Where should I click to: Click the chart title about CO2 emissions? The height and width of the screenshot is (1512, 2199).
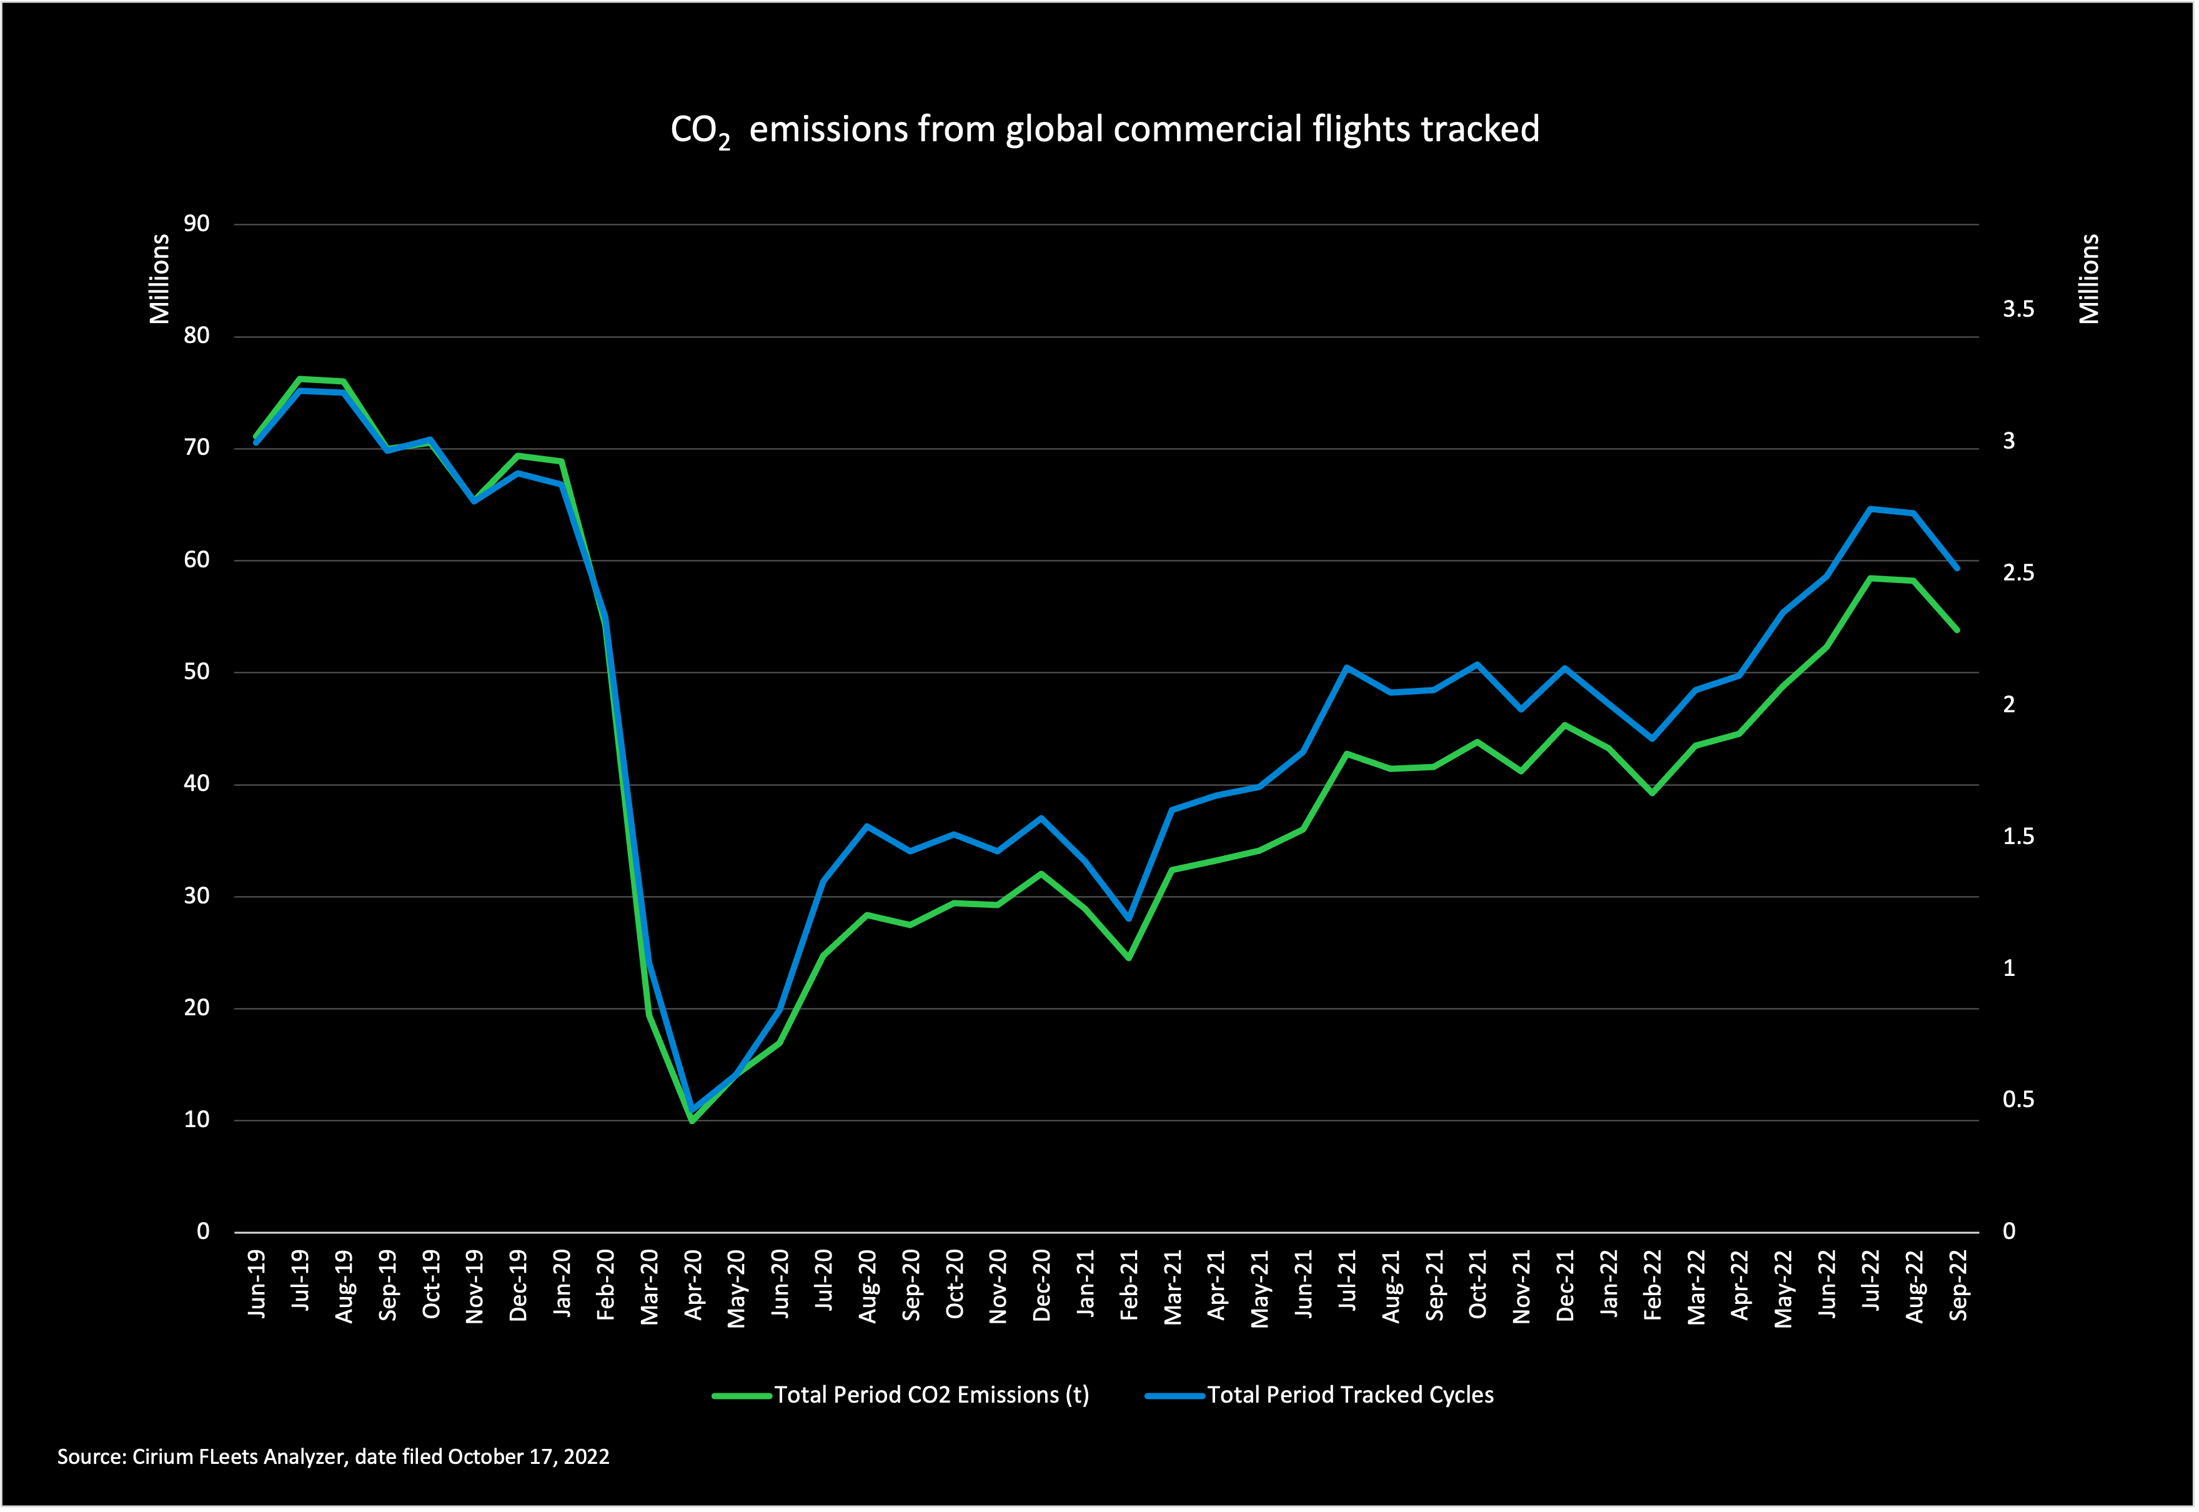point(1104,130)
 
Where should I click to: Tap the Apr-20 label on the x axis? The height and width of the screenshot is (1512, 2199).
point(694,1286)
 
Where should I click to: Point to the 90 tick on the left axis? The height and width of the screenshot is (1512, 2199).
point(197,224)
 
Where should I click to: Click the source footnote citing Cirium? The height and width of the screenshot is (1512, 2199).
point(334,1457)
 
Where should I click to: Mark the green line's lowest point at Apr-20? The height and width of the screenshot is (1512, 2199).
point(692,1121)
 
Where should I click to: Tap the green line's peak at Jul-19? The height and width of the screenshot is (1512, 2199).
point(299,379)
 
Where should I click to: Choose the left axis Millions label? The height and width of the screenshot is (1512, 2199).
point(159,279)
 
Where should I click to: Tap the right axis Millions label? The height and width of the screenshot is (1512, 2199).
point(2089,279)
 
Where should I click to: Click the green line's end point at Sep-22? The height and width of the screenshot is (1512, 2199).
point(1957,630)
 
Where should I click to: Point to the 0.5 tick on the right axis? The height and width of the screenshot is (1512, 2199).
point(2018,1100)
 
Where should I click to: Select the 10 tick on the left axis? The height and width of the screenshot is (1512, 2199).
point(197,1120)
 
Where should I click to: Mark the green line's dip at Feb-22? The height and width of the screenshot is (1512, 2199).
point(1652,793)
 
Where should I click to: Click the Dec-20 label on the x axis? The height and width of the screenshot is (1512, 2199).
point(1043,1286)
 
